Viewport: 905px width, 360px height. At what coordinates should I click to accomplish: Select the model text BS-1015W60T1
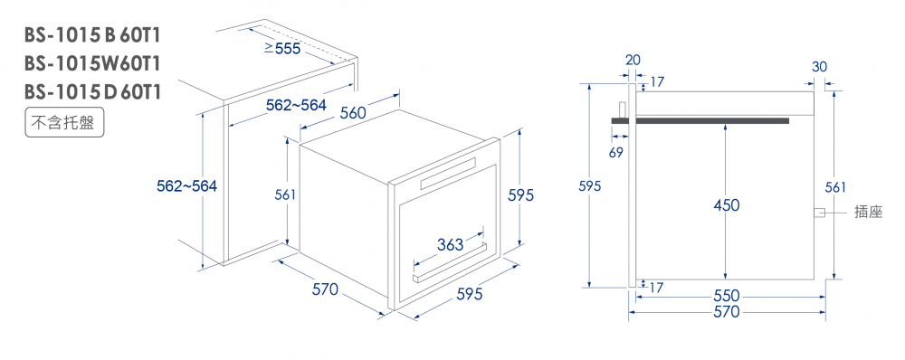92,63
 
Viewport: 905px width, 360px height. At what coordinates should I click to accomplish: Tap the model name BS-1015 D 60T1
92,91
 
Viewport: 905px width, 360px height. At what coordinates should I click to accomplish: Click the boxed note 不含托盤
64,123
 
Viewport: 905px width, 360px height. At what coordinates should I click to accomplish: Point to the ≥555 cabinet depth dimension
282,49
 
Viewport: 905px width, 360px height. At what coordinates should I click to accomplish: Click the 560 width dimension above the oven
353,113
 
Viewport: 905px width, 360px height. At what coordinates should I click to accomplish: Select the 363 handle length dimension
450,244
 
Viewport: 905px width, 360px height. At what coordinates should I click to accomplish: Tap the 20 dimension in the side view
632,61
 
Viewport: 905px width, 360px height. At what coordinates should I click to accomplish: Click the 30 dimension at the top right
819,66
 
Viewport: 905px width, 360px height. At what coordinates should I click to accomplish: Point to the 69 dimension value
616,152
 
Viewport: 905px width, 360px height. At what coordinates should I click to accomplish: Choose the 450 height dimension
727,205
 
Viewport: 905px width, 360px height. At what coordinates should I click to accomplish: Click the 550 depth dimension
726,296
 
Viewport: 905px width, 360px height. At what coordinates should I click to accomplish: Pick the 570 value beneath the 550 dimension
726,312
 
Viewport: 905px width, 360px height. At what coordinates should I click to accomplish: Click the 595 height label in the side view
590,186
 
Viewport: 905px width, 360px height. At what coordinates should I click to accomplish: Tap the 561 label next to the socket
835,186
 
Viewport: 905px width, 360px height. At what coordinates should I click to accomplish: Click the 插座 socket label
869,213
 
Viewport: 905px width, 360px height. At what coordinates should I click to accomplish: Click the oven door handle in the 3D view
449,262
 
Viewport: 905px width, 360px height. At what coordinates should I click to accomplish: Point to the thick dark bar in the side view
700,120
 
